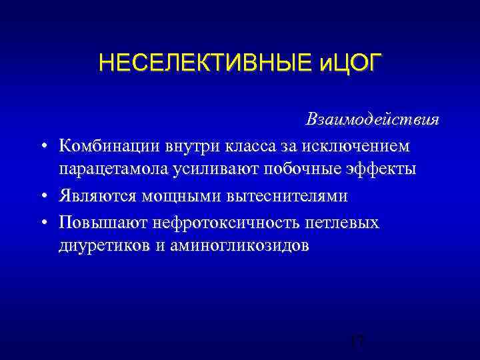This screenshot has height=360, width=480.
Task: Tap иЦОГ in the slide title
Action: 342,64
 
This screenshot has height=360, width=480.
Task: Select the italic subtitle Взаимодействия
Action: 381,119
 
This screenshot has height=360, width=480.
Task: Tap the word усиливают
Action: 209,169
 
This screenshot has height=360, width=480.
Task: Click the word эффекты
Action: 382,169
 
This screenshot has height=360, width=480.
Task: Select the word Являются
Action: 92,195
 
